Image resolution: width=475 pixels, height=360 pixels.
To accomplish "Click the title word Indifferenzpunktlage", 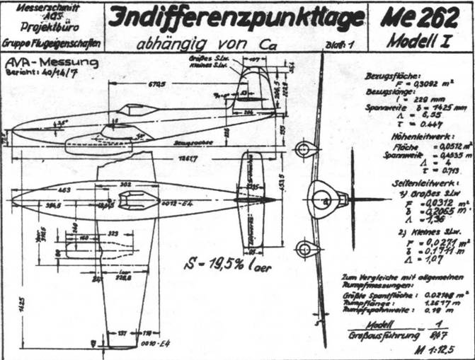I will (238, 18).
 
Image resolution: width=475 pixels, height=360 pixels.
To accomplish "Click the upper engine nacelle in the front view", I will (306, 150).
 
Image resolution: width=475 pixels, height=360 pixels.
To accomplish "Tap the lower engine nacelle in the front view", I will (305, 249).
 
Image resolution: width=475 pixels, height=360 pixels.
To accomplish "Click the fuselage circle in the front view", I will (325, 200).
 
